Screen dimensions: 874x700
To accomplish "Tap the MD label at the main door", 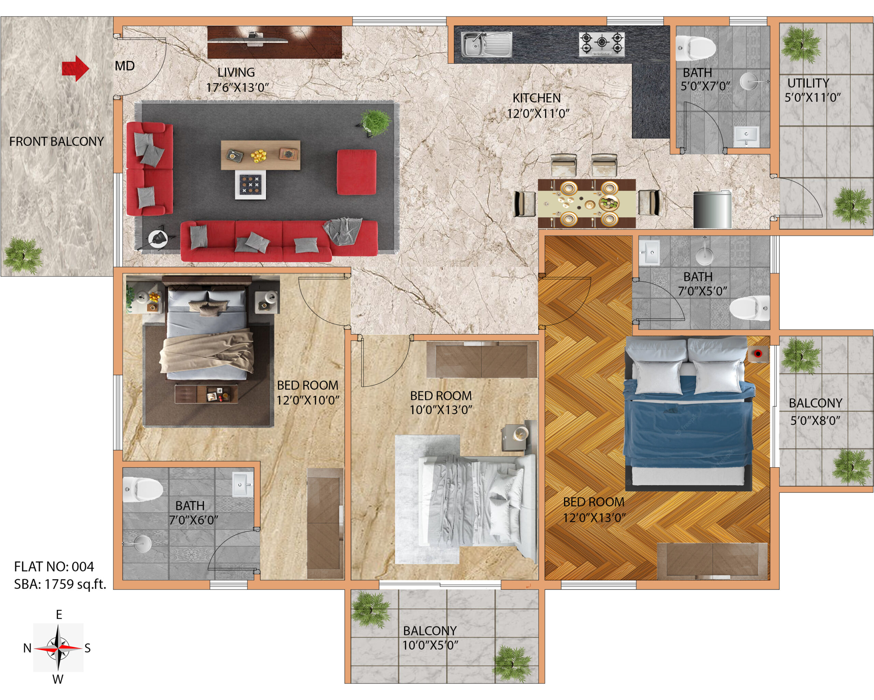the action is (125, 66).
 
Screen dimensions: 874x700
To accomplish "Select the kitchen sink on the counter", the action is (486, 44).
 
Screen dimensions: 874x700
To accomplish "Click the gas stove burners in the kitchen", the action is (602, 44).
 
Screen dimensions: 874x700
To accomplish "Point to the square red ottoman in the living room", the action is (356, 172).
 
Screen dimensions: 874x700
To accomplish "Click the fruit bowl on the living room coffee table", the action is (259, 156).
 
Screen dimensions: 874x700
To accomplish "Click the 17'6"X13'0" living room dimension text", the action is (238, 87).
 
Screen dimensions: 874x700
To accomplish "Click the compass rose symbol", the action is (58, 648).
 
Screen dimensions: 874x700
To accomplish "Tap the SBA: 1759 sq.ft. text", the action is (60, 584).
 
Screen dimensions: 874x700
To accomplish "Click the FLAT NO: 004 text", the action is (54, 566).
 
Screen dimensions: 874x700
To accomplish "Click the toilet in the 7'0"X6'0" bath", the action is (142, 489).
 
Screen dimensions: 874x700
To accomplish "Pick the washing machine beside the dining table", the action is (712, 210).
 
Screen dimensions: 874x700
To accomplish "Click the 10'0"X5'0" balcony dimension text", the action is (430, 645).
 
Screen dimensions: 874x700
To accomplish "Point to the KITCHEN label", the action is (536, 98).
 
